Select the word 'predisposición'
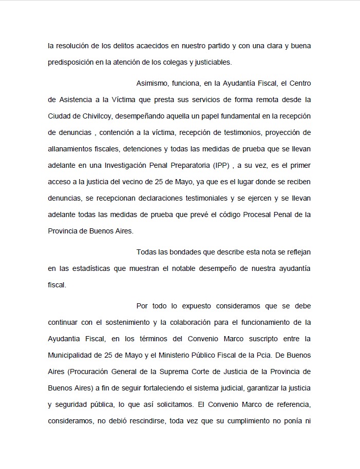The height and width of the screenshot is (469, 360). click(70, 63)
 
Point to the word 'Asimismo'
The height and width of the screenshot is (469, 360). click(152, 83)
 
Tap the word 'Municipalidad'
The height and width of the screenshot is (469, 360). click(71, 355)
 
